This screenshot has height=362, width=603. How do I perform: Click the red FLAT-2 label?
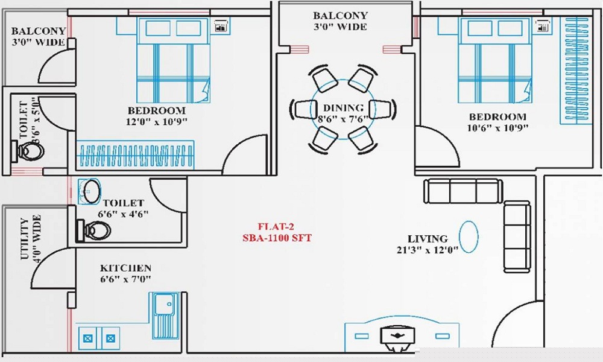pyautogui.click(x=276, y=227)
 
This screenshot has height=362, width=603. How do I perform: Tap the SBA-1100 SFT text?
pyautogui.click(x=276, y=238)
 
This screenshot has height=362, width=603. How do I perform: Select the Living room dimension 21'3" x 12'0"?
pyautogui.click(x=427, y=249)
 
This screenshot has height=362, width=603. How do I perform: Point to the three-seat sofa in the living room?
pyautogui.click(x=463, y=191)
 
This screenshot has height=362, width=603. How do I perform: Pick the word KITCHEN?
pyautogui.click(x=126, y=267)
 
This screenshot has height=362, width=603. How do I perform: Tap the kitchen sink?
pyautogui.click(x=164, y=316)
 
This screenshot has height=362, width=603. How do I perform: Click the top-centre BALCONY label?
pyautogui.click(x=340, y=16)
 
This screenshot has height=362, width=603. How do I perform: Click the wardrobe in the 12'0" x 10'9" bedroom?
pyautogui.click(x=137, y=154)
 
